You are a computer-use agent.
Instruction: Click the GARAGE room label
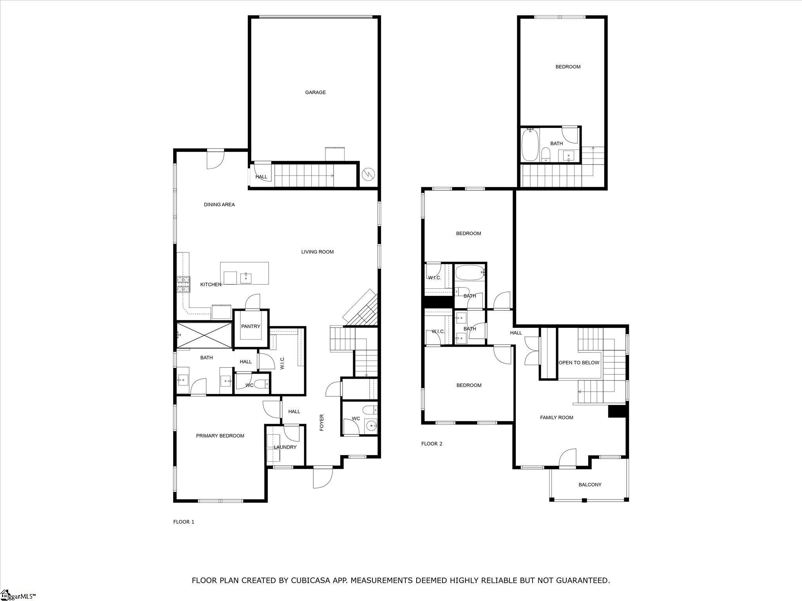tap(315, 92)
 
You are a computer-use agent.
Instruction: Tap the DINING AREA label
tap(219, 205)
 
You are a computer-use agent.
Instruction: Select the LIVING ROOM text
tap(317, 252)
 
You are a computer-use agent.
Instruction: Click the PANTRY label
tap(251, 326)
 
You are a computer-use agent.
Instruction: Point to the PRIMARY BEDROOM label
tap(220, 436)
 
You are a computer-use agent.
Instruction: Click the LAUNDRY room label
tap(285, 447)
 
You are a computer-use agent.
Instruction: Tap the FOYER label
tap(322, 423)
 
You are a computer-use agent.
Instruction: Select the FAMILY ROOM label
tap(556, 417)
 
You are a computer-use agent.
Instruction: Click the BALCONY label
tap(590, 484)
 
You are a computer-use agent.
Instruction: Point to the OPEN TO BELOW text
tap(579, 363)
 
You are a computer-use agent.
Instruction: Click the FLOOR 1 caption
tap(184, 522)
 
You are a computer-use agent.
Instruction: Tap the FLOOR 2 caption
tap(432, 444)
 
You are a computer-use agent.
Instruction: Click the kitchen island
tap(244, 274)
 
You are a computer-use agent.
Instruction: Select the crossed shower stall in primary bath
tap(204, 335)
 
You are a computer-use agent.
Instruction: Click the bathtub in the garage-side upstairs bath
tap(530, 145)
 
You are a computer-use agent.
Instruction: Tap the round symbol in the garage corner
tap(368, 174)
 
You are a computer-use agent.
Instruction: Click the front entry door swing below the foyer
tap(323, 477)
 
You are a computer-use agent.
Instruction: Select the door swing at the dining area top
tap(215, 160)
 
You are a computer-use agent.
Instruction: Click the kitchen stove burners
tap(183, 284)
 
